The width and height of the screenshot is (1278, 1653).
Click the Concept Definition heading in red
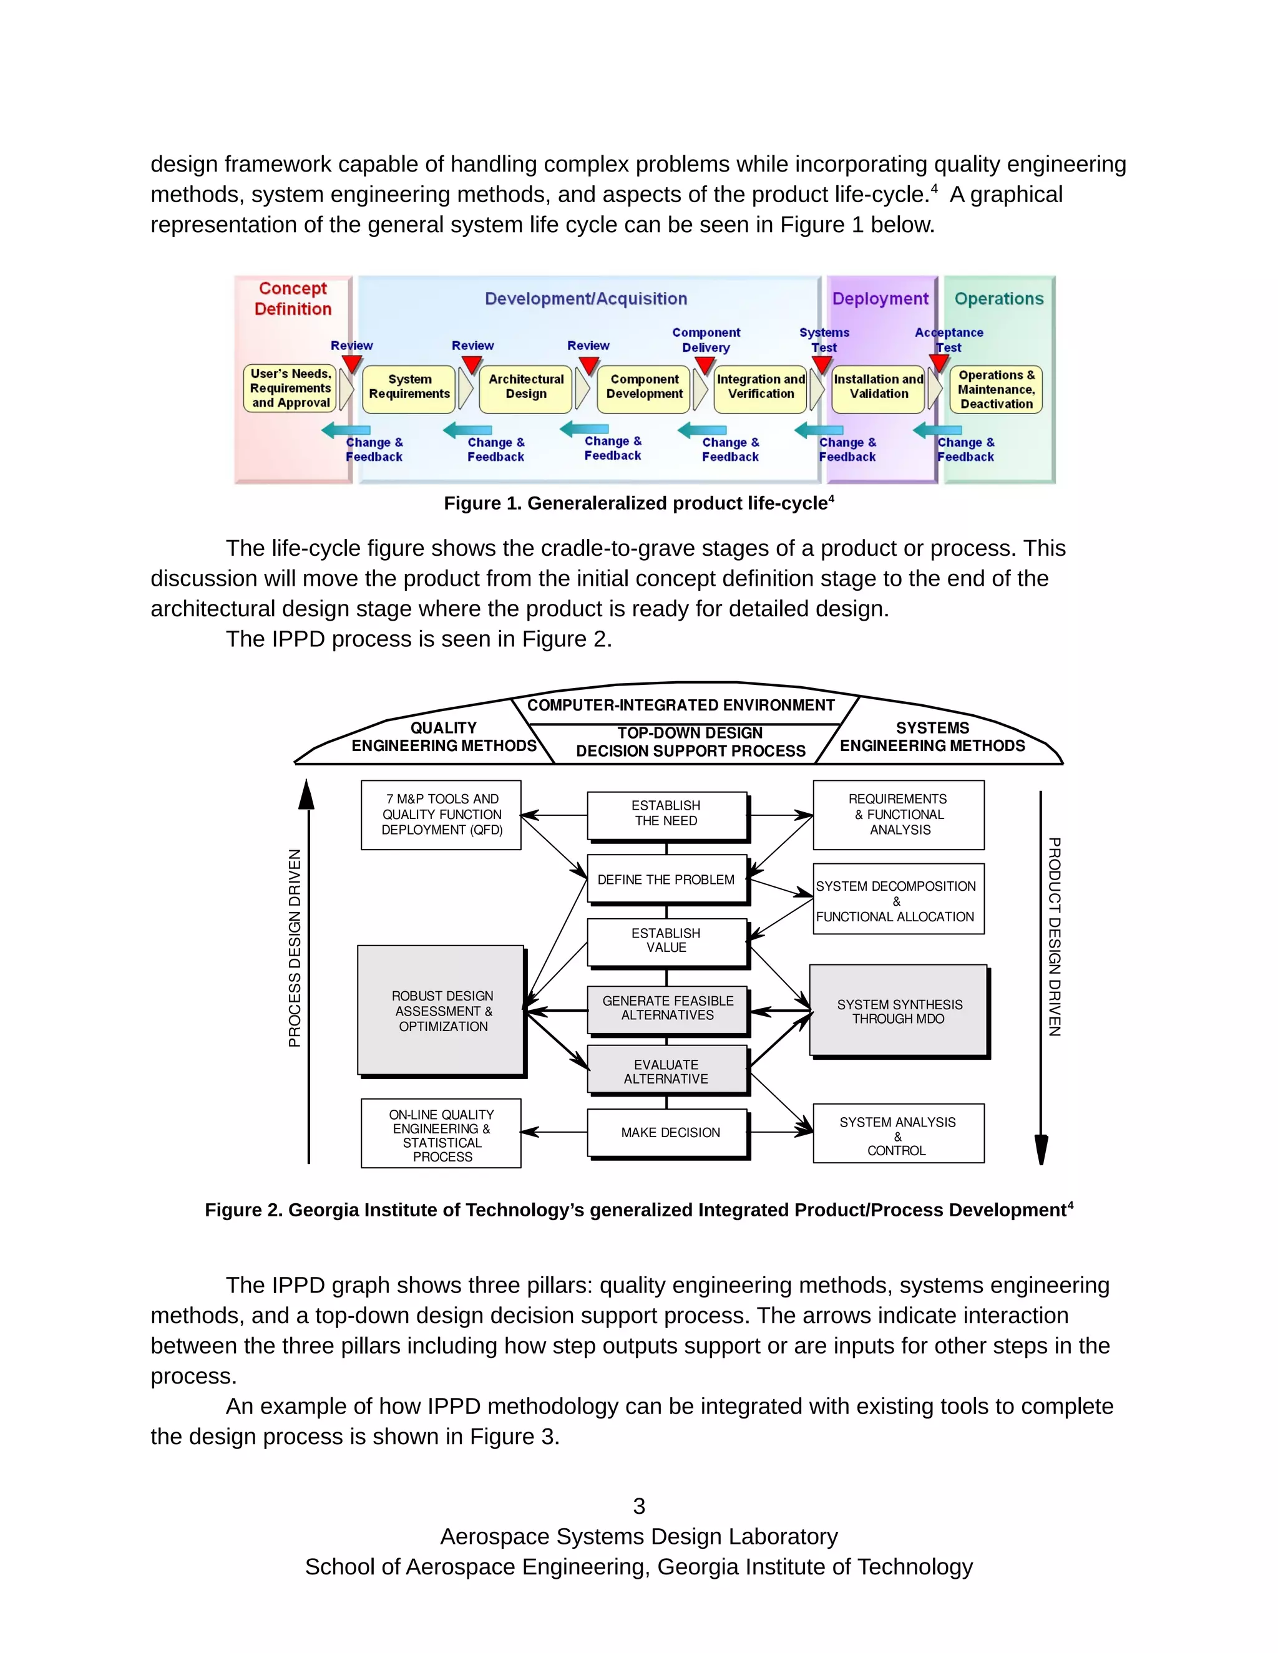tap(293, 299)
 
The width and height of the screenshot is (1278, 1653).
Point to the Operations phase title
tap(998, 299)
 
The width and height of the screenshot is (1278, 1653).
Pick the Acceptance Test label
tap(949, 340)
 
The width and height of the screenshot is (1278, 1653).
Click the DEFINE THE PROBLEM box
tap(666, 880)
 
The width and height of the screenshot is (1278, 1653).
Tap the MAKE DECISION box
tap(670, 1132)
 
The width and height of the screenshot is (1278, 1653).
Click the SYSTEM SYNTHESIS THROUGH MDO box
tap(899, 1011)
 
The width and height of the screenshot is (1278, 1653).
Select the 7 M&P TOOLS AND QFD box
tap(441, 815)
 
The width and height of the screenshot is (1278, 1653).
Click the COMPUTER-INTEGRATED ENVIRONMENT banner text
tap(681, 705)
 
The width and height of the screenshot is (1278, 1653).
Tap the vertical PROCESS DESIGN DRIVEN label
tap(295, 948)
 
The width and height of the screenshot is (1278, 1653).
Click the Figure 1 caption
tap(638, 504)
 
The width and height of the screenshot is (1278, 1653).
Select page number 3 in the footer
tap(639, 1506)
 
